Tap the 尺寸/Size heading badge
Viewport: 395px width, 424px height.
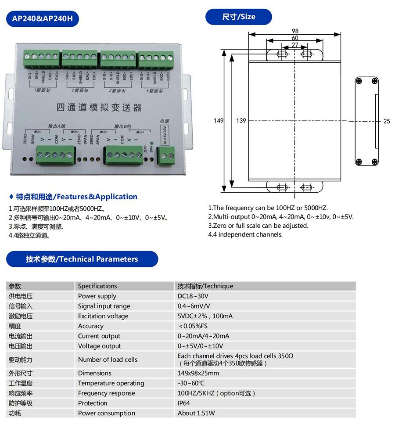[238, 17]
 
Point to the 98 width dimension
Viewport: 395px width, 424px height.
[295, 31]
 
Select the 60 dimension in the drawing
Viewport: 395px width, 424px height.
[295, 38]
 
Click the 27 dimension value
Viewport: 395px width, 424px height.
[295, 45]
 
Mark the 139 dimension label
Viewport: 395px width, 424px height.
[241, 121]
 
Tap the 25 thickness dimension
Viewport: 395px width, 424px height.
[386, 121]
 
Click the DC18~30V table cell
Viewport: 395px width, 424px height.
[193, 296]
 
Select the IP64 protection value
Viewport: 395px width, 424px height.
[184, 403]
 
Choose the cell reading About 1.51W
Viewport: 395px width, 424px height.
[196, 413]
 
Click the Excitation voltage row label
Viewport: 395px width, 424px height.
[103, 316]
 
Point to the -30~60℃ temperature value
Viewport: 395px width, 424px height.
[191, 383]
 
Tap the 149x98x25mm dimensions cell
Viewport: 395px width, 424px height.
[198, 373]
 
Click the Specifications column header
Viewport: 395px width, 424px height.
[97, 286]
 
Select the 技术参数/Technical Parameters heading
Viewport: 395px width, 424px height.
[82, 259]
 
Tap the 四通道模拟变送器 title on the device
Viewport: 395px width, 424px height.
[100, 107]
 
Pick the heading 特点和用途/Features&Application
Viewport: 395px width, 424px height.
[76, 197]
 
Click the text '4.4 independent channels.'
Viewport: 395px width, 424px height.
[245, 234]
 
